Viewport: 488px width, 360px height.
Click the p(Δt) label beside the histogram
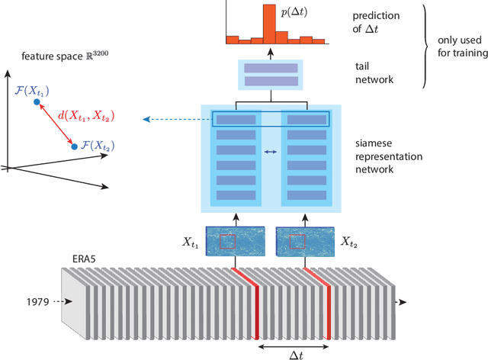tap(294, 11)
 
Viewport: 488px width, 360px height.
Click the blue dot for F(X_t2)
tap(74, 146)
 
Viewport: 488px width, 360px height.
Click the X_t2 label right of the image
tap(348, 243)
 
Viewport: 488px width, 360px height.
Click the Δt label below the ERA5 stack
tap(293, 352)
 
